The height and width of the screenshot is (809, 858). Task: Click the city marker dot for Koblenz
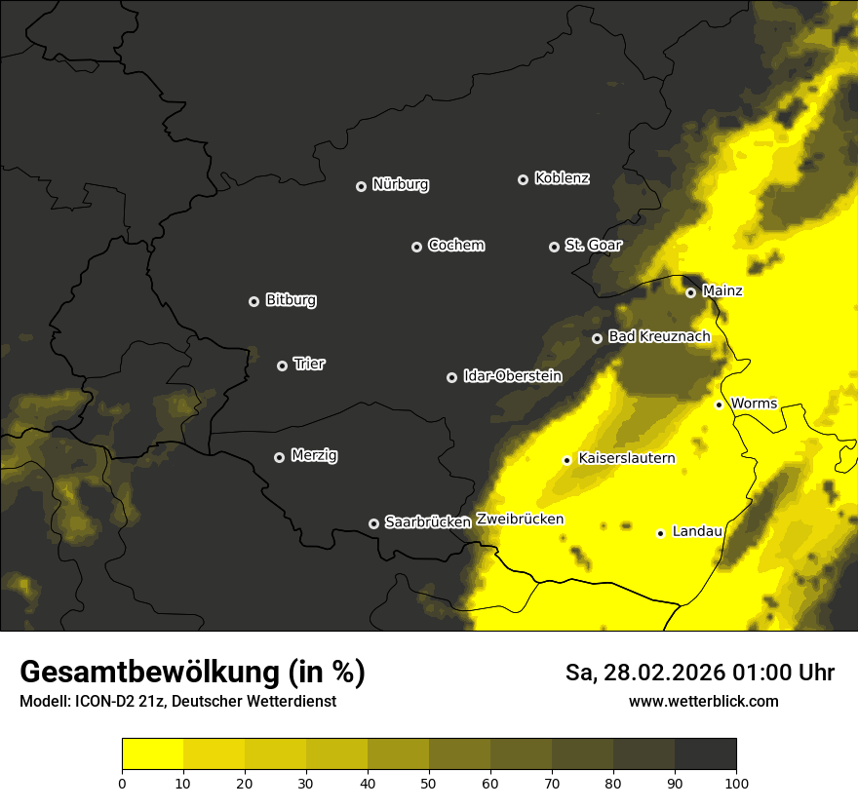click(x=523, y=179)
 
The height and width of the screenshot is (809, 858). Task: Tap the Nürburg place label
click(x=401, y=184)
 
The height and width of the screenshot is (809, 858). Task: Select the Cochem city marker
click(x=416, y=247)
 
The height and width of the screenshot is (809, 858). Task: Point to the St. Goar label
click(x=593, y=245)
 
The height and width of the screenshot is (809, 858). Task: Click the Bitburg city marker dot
click(x=253, y=301)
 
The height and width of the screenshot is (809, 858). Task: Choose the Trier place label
click(x=309, y=364)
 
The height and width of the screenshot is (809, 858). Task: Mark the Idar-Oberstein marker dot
click(x=451, y=377)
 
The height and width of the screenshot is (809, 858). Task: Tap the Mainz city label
click(x=722, y=290)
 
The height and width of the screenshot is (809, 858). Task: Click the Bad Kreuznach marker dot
click(x=597, y=338)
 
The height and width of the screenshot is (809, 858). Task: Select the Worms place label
click(x=753, y=403)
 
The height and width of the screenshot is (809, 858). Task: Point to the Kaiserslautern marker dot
click(x=566, y=460)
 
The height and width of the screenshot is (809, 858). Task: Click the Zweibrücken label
click(x=520, y=519)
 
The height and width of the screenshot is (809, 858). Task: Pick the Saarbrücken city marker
click(x=373, y=523)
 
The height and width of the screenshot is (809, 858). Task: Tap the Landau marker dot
click(x=660, y=533)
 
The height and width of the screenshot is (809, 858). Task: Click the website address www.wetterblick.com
click(x=704, y=701)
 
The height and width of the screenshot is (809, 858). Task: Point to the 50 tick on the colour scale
click(x=429, y=782)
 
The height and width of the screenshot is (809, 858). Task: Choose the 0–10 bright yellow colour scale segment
click(x=152, y=754)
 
